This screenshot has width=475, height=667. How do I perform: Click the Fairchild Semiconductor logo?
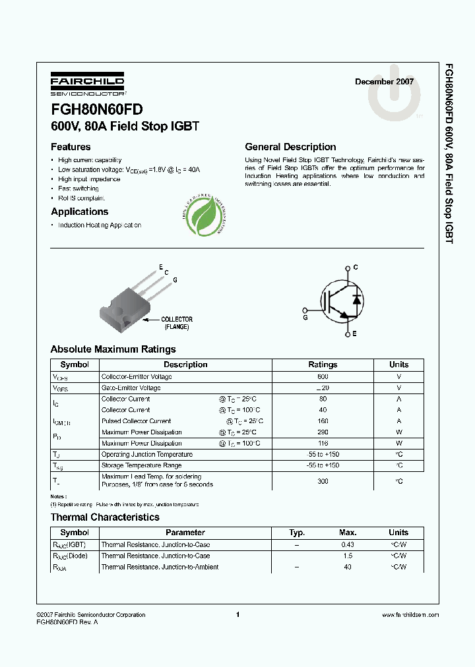point(87,84)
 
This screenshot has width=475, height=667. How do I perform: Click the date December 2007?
point(384,82)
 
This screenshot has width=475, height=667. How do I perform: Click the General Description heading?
point(290,147)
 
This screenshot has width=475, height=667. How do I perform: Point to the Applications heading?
point(79,212)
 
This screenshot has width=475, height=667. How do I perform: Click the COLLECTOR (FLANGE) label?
point(177,322)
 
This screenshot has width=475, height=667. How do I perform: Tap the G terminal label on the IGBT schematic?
point(305,316)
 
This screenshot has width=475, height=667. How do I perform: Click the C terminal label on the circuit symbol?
point(355,267)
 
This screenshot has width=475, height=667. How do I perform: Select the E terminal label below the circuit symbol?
point(354,334)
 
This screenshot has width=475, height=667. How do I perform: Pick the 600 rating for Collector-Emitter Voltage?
point(323,376)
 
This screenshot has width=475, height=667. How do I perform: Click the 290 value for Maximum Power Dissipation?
point(323,432)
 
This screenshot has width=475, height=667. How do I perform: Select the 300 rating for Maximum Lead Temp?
point(323,481)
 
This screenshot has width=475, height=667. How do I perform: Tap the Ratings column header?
point(323,364)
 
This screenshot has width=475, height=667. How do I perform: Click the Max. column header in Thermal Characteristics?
point(348,533)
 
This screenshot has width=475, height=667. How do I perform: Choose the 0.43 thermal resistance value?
point(348,544)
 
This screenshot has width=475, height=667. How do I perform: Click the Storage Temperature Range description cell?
point(142,465)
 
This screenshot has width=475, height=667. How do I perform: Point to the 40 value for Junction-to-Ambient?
point(348,567)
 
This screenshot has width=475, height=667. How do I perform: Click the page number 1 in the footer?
point(237,615)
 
